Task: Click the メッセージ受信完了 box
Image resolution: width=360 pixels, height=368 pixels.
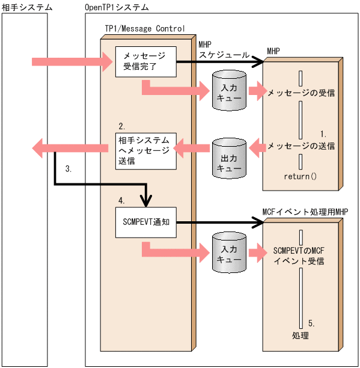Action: click(x=146, y=61)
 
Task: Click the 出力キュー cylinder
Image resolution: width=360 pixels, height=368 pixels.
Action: click(x=230, y=158)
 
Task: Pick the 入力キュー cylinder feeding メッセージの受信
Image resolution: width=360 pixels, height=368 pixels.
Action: click(x=230, y=91)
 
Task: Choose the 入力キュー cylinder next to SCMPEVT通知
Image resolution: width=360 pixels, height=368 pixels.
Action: click(x=230, y=254)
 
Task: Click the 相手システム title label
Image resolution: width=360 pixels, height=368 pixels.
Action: click(x=26, y=7)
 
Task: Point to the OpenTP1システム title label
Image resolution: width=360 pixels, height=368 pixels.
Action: click(x=118, y=7)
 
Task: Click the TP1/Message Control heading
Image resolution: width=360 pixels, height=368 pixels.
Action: click(x=141, y=28)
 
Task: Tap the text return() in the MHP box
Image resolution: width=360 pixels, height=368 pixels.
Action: click(x=300, y=177)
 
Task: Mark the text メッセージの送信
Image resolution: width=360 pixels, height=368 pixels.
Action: click(x=301, y=146)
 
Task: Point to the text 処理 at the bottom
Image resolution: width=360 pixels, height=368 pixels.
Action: click(x=300, y=335)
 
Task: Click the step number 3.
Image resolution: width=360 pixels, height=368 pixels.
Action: click(x=69, y=170)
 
